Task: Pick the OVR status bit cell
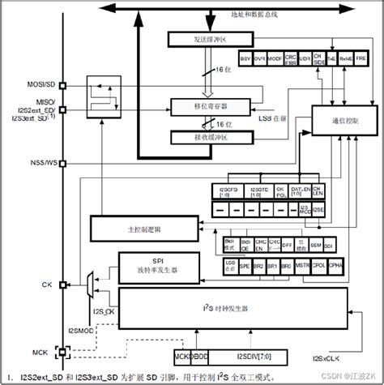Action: pos(261,59)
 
